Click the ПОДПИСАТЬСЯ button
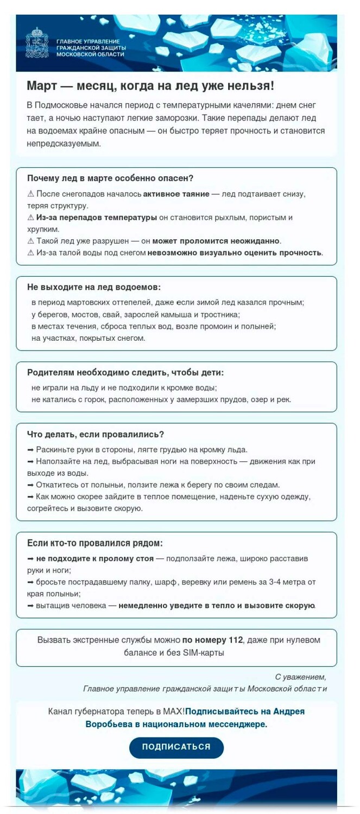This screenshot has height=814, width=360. (x=176, y=747)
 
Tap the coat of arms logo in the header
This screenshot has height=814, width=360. (x=36, y=43)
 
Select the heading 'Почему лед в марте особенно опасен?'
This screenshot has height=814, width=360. (x=110, y=178)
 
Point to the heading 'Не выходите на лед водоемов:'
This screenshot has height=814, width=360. (x=94, y=287)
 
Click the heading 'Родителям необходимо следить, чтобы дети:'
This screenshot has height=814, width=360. (x=125, y=372)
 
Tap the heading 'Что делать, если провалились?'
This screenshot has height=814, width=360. (x=96, y=434)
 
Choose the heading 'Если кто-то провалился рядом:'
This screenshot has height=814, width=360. (x=95, y=543)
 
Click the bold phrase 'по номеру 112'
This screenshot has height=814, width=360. (x=212, y=640)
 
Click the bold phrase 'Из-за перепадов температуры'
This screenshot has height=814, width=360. (x=97, y=217)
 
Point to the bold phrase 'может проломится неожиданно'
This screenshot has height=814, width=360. (x=216, y=240)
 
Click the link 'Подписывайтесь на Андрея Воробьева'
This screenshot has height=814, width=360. (x=244, y=711)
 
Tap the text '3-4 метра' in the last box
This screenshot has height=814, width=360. (x=287, y=582)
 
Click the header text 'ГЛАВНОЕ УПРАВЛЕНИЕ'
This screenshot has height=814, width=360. (x=88, y=41)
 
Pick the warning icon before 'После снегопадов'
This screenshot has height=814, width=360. (x=30, y=194)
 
